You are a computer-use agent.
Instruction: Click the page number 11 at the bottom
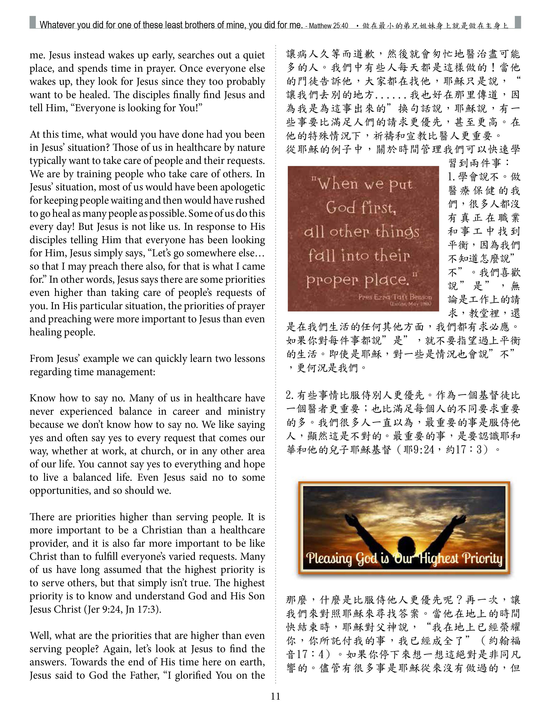coord(275,696)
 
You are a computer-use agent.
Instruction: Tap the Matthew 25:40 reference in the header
coord(328,26)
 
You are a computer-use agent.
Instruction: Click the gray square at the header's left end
coord(32,22)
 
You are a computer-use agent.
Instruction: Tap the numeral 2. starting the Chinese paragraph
coord(290,395)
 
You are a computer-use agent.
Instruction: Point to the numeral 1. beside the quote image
coord(452,177)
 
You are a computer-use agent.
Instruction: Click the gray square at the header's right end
coord(517,22)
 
